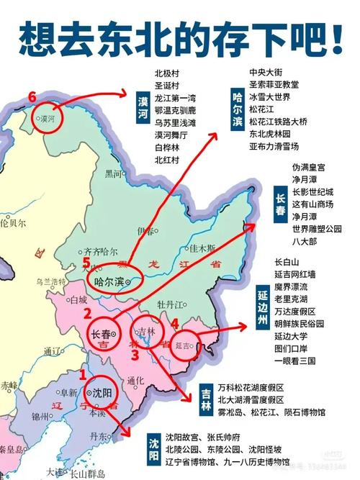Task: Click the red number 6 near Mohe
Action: (32, 96)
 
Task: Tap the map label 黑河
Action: (114, 173)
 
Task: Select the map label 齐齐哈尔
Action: (100, 252)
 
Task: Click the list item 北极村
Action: (166, 73)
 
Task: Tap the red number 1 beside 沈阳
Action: (81, 374)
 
